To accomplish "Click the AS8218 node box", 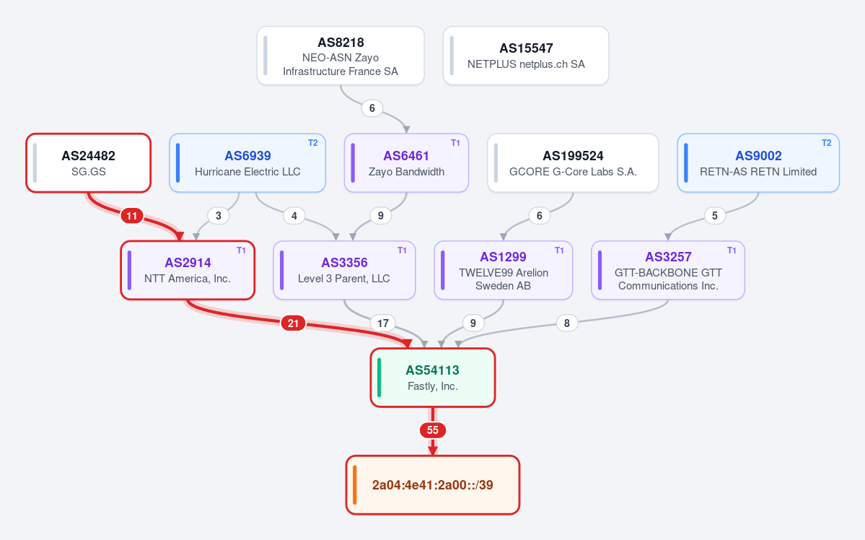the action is point(341,56).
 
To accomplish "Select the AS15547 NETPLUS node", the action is point(526,56).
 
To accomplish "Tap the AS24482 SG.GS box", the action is point(88,163).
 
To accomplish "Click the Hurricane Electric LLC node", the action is point(247,163).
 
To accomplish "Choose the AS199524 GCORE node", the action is point(573,163).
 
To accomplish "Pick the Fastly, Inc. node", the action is point(433,378).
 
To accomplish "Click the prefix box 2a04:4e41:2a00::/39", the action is point(433,485).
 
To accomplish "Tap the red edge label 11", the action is point(131,215).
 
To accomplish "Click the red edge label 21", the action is point(293,323).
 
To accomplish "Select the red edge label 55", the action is point(433,430).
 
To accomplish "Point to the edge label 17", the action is point(383,323).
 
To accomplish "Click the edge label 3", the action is point(219,215).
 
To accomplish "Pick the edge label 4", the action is point(294,215).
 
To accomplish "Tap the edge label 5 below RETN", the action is point(715,215).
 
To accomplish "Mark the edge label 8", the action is point(567,323).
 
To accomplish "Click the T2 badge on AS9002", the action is point(826,143).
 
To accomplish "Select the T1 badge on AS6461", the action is point(455,143).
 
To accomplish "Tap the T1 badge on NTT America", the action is point(241,251).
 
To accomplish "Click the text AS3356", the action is point(344,263).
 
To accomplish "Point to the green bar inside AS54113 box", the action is point(379,378).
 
